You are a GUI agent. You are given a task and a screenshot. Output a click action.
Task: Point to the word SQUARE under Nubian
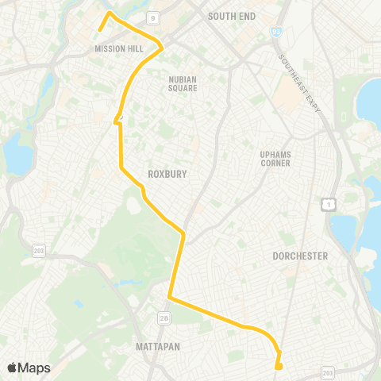(182, 88)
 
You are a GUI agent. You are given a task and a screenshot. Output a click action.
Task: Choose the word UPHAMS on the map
(275, 154)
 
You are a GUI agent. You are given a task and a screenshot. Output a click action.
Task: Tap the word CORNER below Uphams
(275, 164)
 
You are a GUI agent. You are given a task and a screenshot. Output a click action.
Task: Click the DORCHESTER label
(300, 256)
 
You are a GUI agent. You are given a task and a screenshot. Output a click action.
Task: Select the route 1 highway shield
(326, 205)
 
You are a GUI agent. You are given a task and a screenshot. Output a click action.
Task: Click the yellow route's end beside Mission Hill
(99, 30)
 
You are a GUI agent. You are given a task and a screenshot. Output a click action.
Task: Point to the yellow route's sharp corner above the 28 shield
(169, 298)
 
